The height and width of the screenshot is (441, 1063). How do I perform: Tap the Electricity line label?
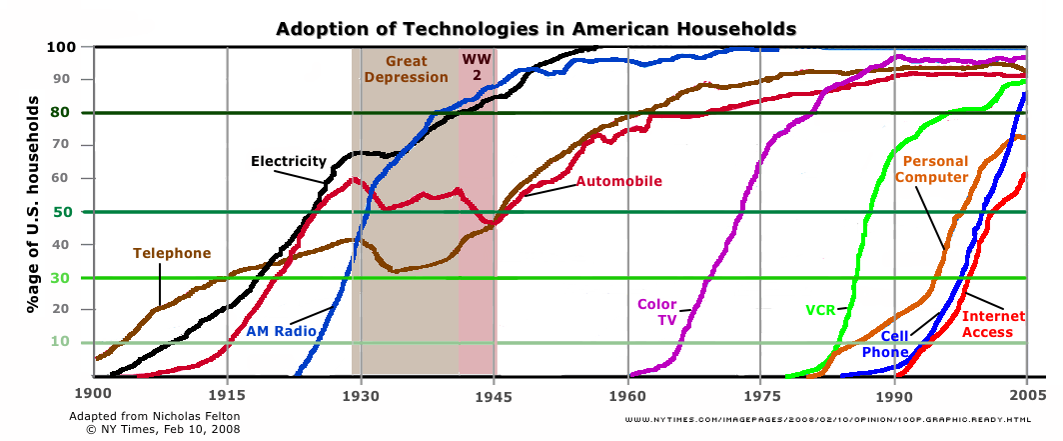[x=288, y=161]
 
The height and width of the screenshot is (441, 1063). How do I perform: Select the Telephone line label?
[x=172, y=253]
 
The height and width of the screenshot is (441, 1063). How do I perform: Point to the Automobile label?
[x=618, y=181]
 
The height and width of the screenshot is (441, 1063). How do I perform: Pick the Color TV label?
[x=658, y=311]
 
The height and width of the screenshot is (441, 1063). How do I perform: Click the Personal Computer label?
[x=931, y=169]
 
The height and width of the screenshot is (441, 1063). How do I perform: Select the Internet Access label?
[x=986, y=324]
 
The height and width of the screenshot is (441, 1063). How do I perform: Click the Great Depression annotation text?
[x=406, y=69]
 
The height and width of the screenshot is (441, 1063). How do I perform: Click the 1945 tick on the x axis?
[x=495, y=394]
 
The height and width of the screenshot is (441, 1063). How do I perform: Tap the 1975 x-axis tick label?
[x=760, y=394]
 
